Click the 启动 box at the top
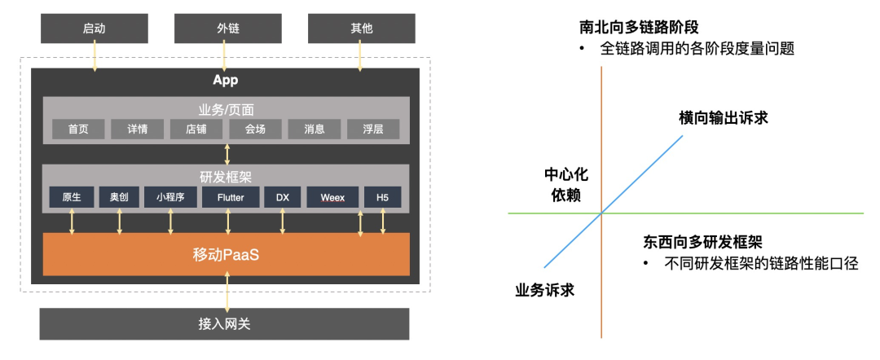pos(95,29)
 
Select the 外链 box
pos(227,29)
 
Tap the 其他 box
pos(361,29)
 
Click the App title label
pos(225,81)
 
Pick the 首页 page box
pos(78,129)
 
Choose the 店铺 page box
pos(196,129)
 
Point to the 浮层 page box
pos(373,129)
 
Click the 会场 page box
pos(255,129)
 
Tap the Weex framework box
pos(332,197)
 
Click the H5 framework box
pos(382,197)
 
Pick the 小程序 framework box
pos(170,197)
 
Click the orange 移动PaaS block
pos(227,254)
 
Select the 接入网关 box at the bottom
pos(225,324)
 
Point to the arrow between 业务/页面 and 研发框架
pos(227,154)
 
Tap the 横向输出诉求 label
pos(724,118)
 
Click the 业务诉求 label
pos(545,290)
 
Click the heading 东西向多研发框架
pos(702,242)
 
